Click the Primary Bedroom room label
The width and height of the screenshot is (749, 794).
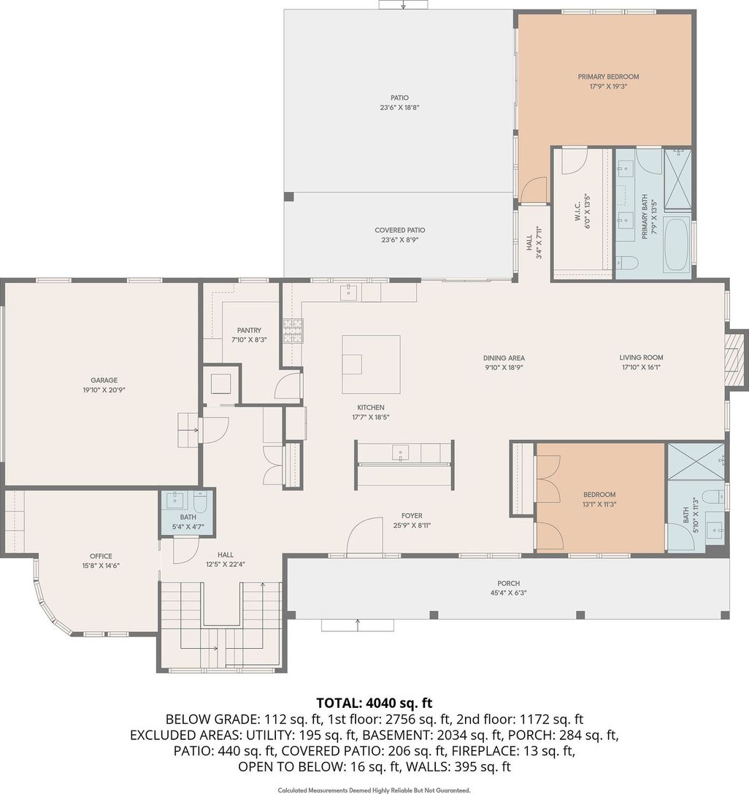608,77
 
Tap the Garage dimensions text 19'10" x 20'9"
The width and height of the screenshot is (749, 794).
104,390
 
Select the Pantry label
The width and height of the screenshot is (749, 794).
249,330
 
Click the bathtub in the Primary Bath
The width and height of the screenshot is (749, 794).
677,244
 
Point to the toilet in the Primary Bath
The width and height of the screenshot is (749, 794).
626,262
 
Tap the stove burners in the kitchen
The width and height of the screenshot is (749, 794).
293,331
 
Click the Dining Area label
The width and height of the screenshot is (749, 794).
504,358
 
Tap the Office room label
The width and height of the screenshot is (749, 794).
101,556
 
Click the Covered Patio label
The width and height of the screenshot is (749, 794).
399,230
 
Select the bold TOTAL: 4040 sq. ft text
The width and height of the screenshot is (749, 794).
374,703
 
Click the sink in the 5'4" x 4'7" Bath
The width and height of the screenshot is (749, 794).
175,499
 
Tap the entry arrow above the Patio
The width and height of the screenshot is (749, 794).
403,4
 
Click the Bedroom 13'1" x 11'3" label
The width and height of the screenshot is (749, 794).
599,494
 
